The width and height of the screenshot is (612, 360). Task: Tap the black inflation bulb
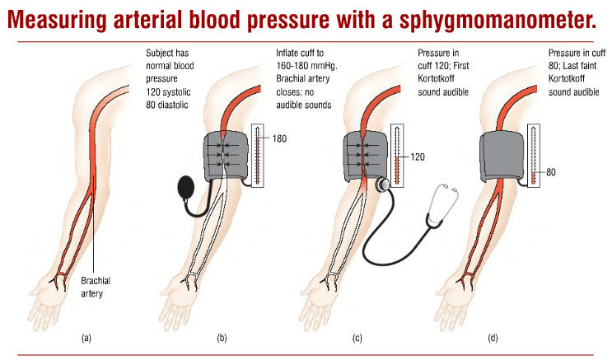click(x=185, y=187)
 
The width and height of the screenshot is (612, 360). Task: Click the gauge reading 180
click(x=279, y=138)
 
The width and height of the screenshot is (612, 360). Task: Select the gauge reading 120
click(x=418, y=157)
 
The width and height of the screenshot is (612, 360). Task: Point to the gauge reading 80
click(x=551, y=172)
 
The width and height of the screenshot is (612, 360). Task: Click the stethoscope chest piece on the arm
click(x=382, y=184)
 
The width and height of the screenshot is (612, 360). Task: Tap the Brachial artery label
click(x=96, y=287)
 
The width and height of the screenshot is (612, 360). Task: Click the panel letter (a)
click(x=86, y=338)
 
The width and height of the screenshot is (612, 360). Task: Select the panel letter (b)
click(x=222, y=338)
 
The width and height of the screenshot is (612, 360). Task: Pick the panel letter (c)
click(x=357, y=338)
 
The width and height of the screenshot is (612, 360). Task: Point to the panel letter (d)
click(x=493, y=338)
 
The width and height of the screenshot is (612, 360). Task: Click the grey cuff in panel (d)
click(x=502, y=155)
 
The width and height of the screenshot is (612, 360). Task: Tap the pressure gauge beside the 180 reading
click(x=258, y=156)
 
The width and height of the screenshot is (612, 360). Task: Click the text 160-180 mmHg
click(x=306, y=66)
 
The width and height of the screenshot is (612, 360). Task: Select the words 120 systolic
click(x=168, y=92)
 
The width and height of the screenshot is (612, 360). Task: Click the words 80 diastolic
click(x=167, y=105)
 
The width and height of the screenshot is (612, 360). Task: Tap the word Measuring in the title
click(x=57, y=20)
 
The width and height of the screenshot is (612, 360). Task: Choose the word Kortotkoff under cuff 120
click(x=436, y=79)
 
